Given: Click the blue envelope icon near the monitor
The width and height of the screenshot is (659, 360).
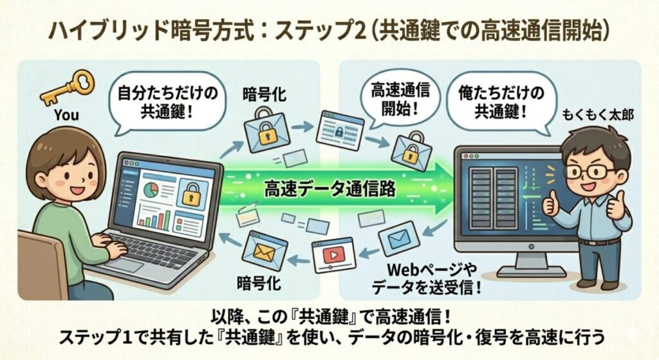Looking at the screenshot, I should click(400, 240).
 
